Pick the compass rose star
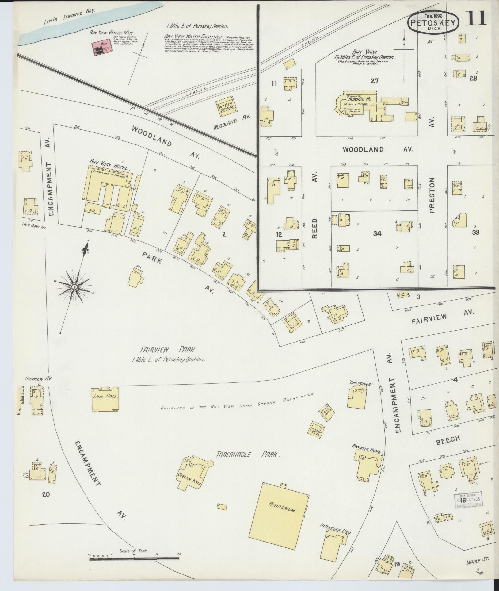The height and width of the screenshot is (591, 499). click(74, 287)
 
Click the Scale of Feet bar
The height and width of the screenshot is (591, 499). click(134, 559)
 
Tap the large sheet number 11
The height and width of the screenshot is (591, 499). click(476, 18)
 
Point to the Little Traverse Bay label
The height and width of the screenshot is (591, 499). click(70, 17)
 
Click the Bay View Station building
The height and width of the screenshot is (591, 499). click(227, 107)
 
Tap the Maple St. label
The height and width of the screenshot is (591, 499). click(477, 561)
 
